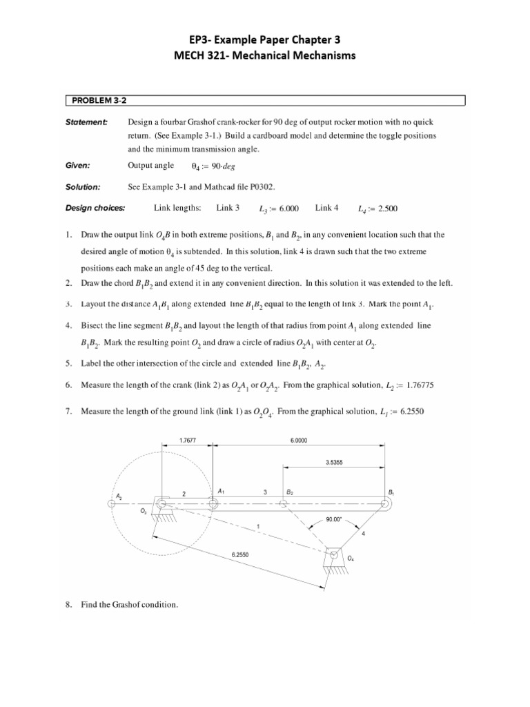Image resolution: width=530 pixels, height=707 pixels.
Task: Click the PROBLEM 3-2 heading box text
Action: [x=95, y=101]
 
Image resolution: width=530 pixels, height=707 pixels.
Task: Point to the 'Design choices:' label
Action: [x=95, y=208]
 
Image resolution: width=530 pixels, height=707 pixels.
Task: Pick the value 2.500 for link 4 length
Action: [x=386, y=209]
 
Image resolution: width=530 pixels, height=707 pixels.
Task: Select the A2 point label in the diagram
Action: [x=119, y=496]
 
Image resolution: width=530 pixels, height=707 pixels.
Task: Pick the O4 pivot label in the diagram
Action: [x=351, y=558]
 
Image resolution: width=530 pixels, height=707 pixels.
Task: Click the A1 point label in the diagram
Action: [x=221, y=491]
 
